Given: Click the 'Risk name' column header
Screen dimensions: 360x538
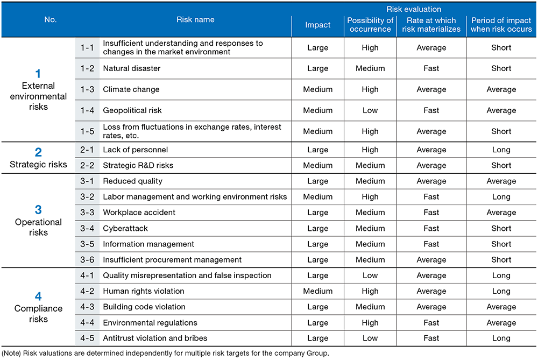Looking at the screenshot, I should [x=195, y=19].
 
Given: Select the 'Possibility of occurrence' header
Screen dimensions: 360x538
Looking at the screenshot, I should [x=370, y=25].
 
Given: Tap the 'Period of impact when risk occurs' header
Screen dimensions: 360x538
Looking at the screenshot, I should [x=501, y=25].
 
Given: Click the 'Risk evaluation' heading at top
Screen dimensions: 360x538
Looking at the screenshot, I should [x=414, y=9].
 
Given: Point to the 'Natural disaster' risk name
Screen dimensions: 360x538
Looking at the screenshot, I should [x=131, y=68].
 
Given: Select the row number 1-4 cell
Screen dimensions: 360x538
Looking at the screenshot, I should [x=87, y=110].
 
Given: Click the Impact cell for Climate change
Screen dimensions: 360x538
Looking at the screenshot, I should [x=317, y=89].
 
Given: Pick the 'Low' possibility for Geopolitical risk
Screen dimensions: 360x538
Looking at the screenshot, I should [x=370, y=110].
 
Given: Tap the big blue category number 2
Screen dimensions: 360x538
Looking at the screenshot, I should [x=38, y=152].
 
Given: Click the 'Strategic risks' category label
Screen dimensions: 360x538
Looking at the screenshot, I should [x=38, y=164].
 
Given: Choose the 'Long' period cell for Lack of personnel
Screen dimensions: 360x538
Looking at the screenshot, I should [x=501, y=150].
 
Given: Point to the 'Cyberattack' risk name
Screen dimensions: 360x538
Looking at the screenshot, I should [x=125, y=228].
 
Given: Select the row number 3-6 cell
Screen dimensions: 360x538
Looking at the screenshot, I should [x=87, y=260].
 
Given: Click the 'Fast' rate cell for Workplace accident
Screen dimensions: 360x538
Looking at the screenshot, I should [x=431, y=213].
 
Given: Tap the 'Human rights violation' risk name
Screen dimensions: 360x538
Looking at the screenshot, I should [x=144, y=291].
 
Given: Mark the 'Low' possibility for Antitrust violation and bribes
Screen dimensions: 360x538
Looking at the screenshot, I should [x=370, y=338].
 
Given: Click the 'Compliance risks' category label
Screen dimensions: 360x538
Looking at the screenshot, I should [x=38, y=314].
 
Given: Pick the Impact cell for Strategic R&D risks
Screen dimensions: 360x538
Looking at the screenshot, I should [x=317, y=165].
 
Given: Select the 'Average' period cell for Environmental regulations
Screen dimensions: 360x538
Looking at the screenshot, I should [x=501, y=323].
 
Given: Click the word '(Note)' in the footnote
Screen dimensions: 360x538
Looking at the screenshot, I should [x=12, y=354].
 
